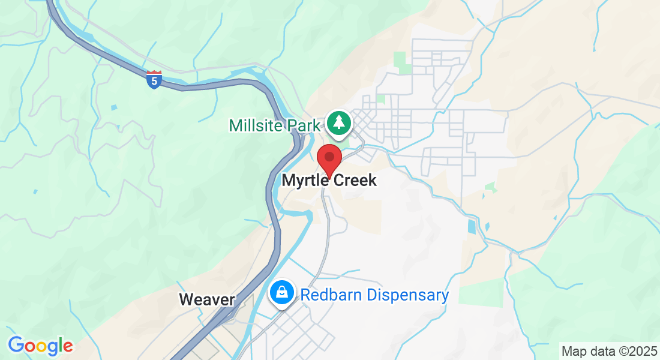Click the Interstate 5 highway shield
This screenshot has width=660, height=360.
click(154, 80)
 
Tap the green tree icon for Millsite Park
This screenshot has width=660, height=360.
click(339, 123)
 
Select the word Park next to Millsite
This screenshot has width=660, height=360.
click(303, 125)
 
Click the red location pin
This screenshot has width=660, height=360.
click(329, 158)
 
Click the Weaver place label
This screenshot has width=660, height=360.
click(206, 299)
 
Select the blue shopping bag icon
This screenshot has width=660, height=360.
click(281, 293)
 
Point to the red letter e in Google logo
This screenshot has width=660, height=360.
click(68, 347)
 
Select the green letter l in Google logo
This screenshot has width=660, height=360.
click(60, 345)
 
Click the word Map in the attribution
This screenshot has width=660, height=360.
click(572, 350)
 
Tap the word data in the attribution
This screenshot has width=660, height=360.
click(600, 350)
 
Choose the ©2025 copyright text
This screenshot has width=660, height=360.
click(635, 350)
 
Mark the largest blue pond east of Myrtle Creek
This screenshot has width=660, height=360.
click(471, 227)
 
